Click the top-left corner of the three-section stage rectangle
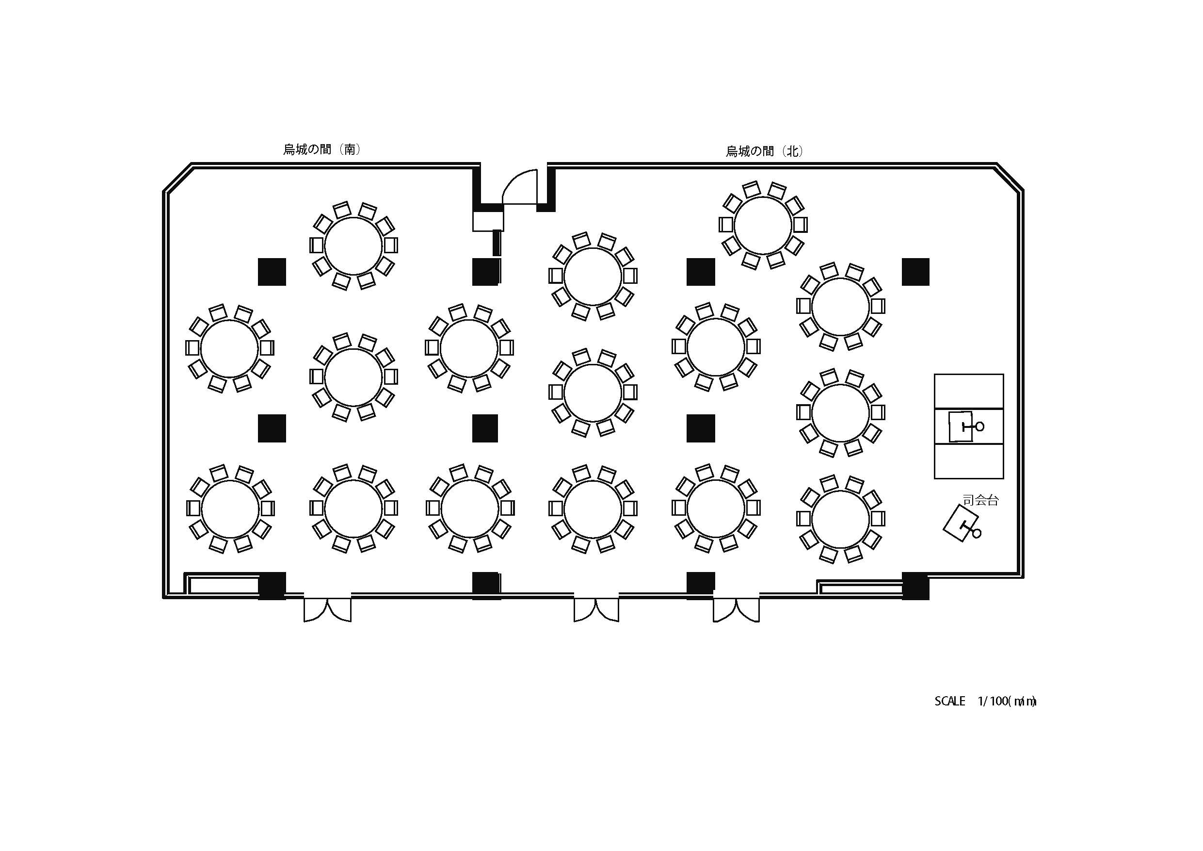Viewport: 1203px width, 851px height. tap(934, 375)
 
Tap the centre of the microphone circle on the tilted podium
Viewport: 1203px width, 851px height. tap(977, 533)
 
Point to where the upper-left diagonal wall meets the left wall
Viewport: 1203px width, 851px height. tap(164, 191)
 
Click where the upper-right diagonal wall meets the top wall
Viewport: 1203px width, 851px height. tap(996, 164)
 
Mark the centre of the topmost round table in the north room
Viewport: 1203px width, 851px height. tap(763, 225)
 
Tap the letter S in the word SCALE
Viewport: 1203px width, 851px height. tap(938, 701)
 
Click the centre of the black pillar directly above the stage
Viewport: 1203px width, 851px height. tap(915, 272)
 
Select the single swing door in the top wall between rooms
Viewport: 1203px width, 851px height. tap(520, 187)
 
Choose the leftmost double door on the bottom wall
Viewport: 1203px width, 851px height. tap(327, 610)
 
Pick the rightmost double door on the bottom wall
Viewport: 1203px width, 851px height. tap(736, 610)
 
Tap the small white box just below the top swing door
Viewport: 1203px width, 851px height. tap(488, 221)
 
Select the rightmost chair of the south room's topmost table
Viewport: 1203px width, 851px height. tap(391, 245)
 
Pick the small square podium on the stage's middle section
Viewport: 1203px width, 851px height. tap(961, 426)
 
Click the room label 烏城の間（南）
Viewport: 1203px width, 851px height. tap(322, 149)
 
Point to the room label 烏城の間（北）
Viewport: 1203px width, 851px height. tap(765, 151)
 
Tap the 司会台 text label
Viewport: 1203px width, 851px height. tap(981, 500)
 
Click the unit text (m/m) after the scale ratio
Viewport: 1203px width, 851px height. tap(1022, 701)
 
